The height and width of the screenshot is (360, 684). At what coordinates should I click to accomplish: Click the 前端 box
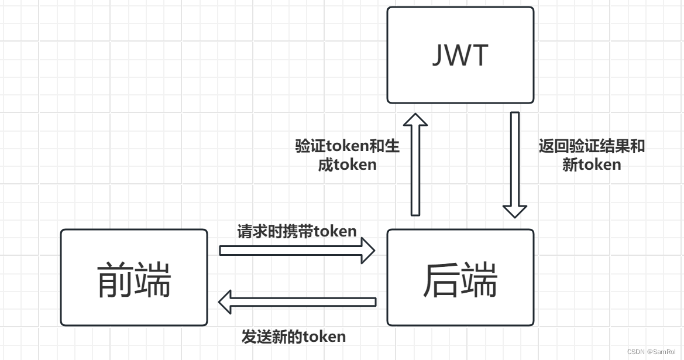[x=133, y=277]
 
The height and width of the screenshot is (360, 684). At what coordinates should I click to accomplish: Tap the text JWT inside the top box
[x=460, y=56]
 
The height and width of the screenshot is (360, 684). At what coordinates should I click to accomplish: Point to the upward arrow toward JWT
[x=415, y=170]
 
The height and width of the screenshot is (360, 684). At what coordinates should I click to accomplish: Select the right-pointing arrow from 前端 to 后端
[x=293, y=250]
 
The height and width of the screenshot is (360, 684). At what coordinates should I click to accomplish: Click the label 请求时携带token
[x=297, y=231]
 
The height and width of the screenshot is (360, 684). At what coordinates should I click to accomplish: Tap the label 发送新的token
[x=294, y=337]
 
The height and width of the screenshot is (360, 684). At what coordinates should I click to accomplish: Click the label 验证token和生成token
[x=348, y=155]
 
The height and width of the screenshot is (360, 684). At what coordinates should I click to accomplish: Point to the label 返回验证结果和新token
[x=592, y=155]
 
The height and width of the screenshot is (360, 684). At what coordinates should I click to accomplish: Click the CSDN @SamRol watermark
[x=651, y=352]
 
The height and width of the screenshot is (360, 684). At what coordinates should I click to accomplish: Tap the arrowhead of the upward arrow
[x=415, y=120]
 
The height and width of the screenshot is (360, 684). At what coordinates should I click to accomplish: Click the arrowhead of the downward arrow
[x=515, y=211]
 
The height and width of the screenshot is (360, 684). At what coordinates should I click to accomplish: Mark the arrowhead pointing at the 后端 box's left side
[x=367, y=250]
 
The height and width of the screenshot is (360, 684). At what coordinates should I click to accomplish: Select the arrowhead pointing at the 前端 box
[x=226, y=302]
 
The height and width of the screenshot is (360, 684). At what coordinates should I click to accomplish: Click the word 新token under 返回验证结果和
[x=592, y=165]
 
